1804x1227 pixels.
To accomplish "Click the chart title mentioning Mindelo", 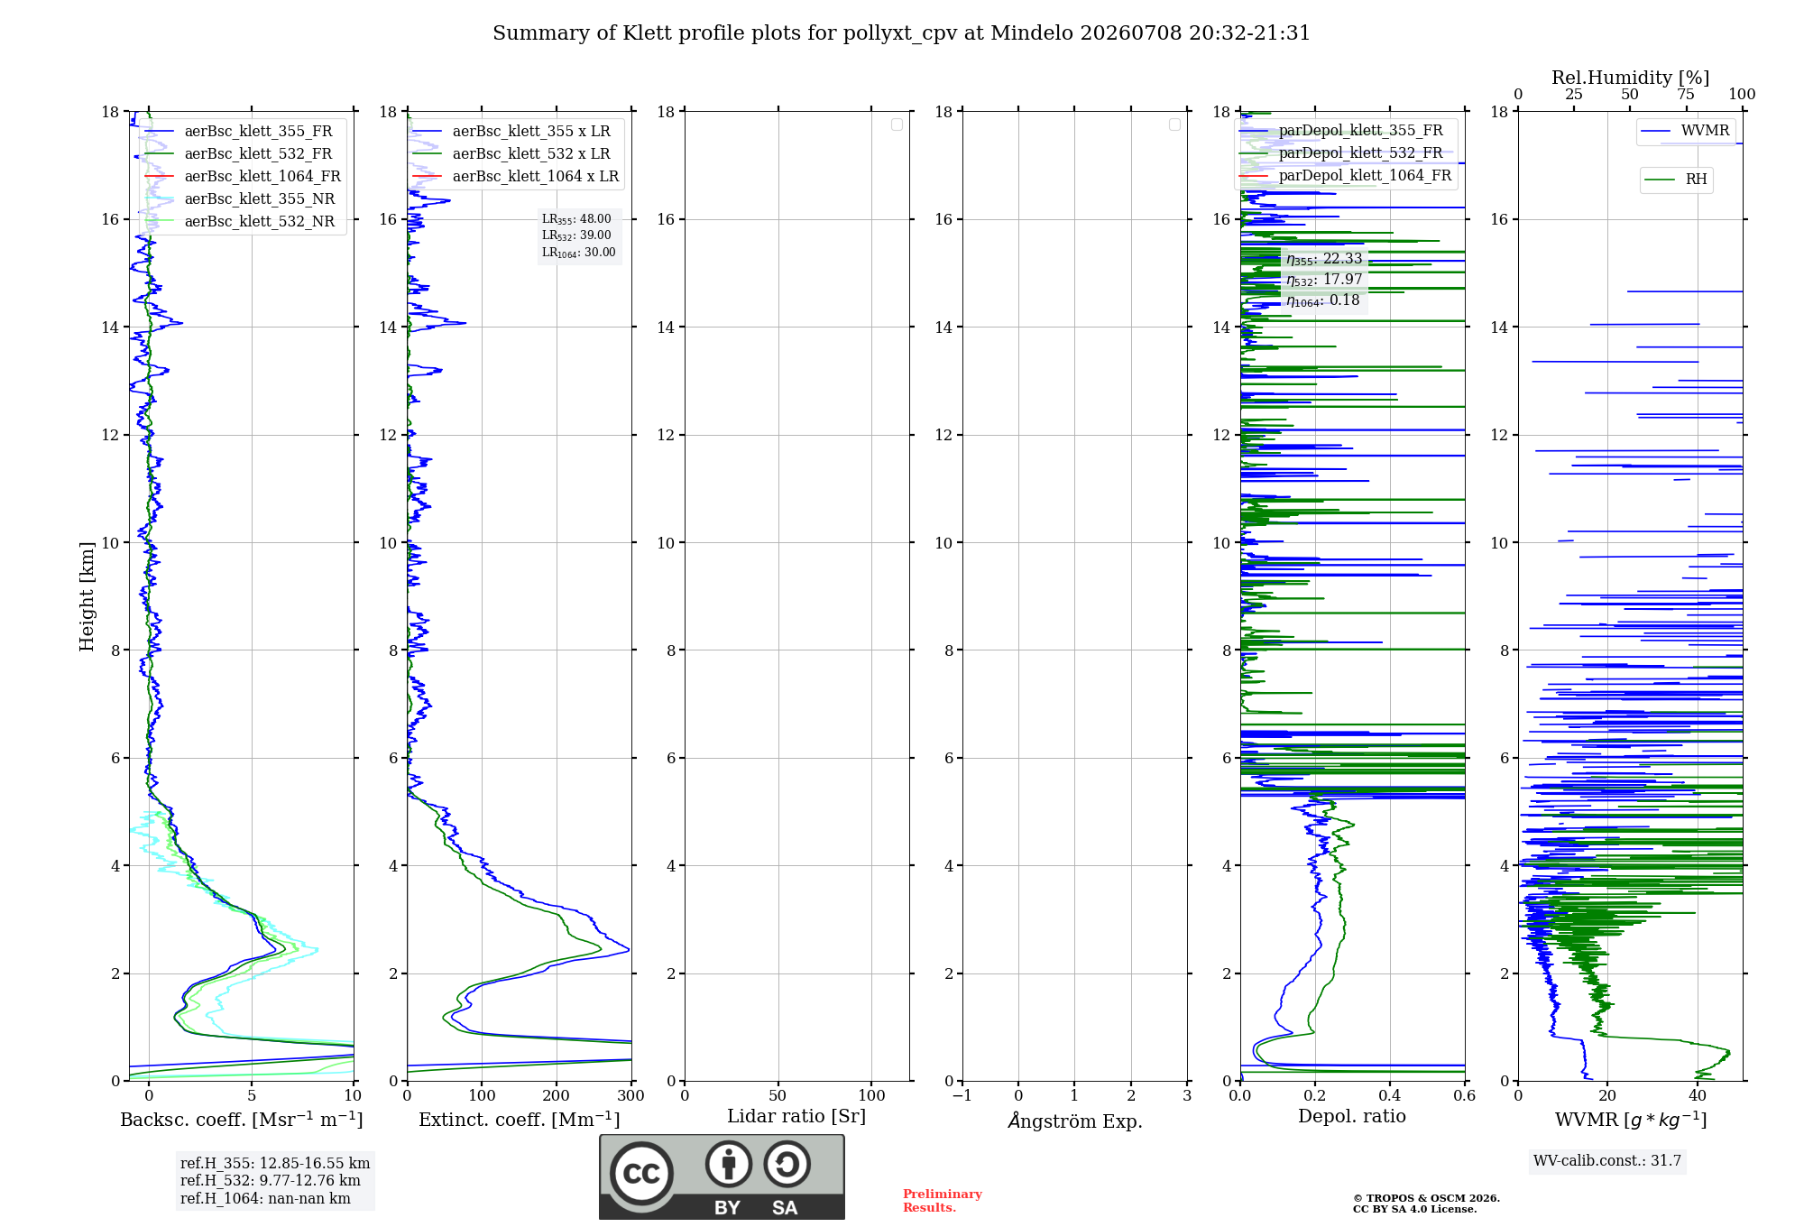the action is point(901,33).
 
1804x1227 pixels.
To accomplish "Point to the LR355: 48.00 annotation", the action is point(576,219).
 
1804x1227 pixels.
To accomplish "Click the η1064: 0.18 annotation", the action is point(1323,300).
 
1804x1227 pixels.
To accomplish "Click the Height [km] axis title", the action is point(87,596).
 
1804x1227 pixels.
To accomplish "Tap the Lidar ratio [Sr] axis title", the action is point(796,1117).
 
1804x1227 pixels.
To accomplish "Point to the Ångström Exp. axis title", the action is point(1075,1121).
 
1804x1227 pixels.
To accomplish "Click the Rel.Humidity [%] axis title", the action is point(1630,78).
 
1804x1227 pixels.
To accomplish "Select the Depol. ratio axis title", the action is point(1352,1117).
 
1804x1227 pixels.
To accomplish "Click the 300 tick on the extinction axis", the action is point(631,1095).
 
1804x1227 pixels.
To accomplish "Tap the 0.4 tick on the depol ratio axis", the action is point(1390,1095).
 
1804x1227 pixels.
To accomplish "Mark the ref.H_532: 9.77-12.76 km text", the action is point(270,1181).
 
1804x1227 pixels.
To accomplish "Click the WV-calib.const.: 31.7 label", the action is point(1607,1161).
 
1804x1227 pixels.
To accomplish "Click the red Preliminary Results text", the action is point(942,1201).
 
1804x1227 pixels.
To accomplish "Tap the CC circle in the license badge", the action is point(641,1174).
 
